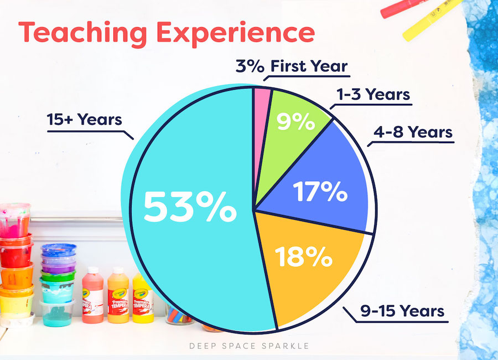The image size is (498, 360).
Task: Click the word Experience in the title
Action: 236,33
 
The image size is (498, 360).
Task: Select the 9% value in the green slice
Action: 295,121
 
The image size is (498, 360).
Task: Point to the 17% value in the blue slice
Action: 320,191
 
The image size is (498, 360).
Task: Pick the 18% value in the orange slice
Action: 304,256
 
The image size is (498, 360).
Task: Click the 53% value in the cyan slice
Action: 190,207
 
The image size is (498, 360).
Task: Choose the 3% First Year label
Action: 292,66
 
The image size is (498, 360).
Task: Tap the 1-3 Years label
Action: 373,95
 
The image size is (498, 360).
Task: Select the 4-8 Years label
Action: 413,132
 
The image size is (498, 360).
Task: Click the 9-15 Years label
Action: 402,311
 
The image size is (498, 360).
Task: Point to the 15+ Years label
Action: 85,120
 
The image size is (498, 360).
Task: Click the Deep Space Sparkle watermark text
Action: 249,346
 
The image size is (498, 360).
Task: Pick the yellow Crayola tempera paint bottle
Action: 143,297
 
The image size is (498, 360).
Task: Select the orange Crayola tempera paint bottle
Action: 118,295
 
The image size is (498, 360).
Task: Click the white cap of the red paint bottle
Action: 93,271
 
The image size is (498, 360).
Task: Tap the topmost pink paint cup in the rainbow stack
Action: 15,220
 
